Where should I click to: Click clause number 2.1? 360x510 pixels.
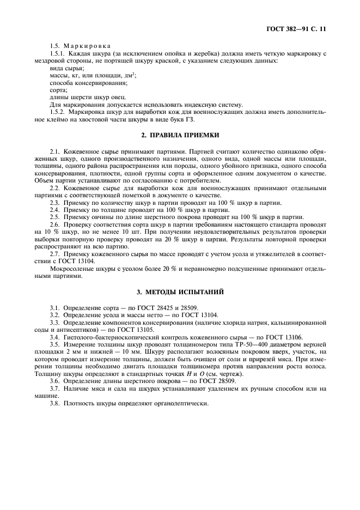click(54, 150)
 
